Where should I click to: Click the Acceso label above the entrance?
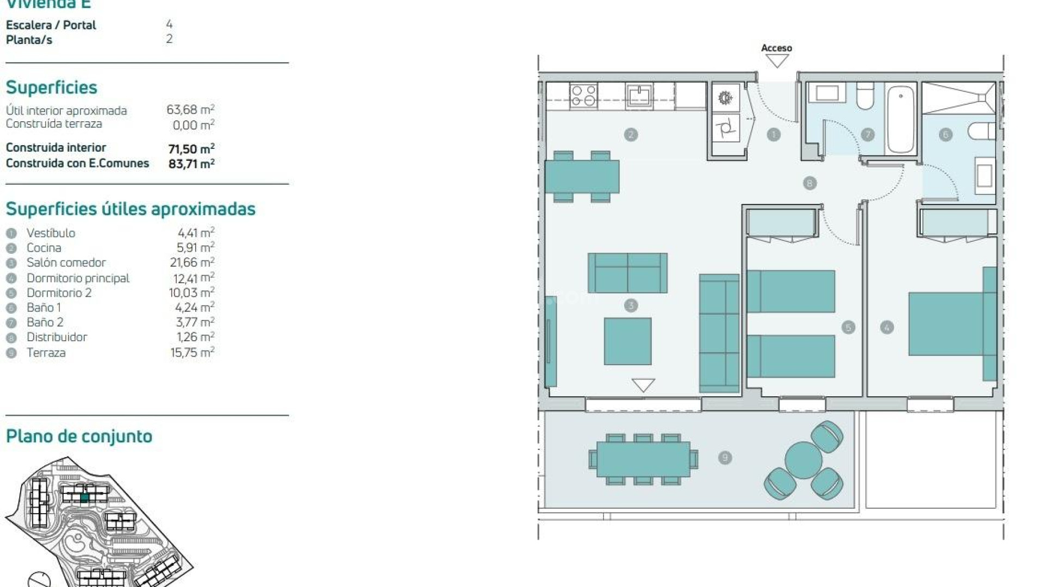click(x=776, y=48)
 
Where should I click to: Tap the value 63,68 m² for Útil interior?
click(x=190, y=110)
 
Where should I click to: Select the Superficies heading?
click(x=52, y=88)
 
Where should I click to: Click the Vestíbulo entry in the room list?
click(x=51, y=233)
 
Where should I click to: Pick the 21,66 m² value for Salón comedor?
click(x=192, y=263)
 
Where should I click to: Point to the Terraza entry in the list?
click(x=46, y=353)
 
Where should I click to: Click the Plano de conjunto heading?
click(x=79, y=436)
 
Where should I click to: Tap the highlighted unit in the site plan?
click(x=84, y=497)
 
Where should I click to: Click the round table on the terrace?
click(x=803, y=460)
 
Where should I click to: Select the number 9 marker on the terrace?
click(x=724, y=458)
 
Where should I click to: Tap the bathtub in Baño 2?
click(x=900, y=118)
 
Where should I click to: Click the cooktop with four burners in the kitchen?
click(x=583, y=96)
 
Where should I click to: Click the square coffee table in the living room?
click(x=627, y=341)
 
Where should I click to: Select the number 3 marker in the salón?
click(x=631, y=305)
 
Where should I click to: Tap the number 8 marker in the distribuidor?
click(x=809, y=183)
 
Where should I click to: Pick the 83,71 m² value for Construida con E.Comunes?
click(x=191, y=164)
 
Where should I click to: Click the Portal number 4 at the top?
click(x=169, y=24)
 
